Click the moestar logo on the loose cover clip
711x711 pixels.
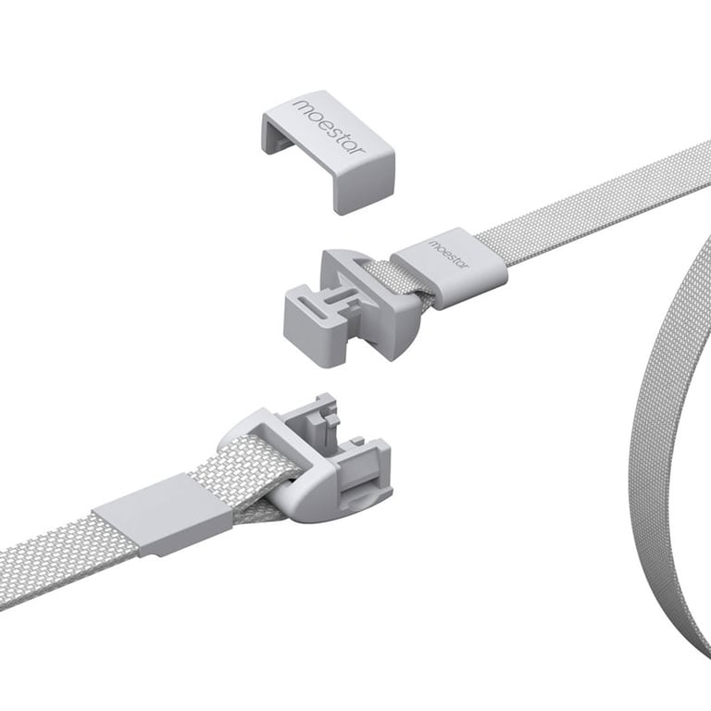[330, 127]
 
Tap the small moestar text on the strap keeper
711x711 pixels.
[447, 253]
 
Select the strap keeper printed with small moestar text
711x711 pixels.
[449, 268]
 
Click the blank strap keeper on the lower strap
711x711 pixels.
[164, 516]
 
